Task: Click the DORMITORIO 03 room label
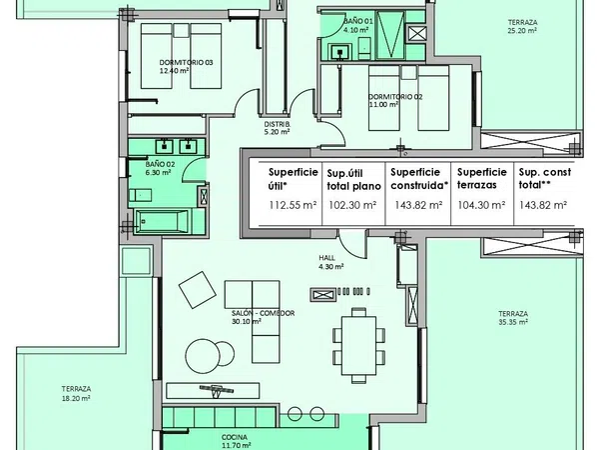186,62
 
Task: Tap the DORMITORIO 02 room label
395,97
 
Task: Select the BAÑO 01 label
358,21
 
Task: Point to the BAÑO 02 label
160,164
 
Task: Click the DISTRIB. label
278,124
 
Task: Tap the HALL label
327,258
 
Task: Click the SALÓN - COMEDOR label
263,313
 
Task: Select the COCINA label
235,437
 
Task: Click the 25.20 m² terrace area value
522,31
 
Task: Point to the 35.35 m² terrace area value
513,322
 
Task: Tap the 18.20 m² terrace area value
76,398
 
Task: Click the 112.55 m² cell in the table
293,205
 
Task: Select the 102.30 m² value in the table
352,205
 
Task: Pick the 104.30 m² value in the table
482,205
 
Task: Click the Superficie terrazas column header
482,178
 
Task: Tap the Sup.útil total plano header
353,180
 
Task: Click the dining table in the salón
358,346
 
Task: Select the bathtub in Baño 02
163,221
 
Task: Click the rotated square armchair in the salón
197,290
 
